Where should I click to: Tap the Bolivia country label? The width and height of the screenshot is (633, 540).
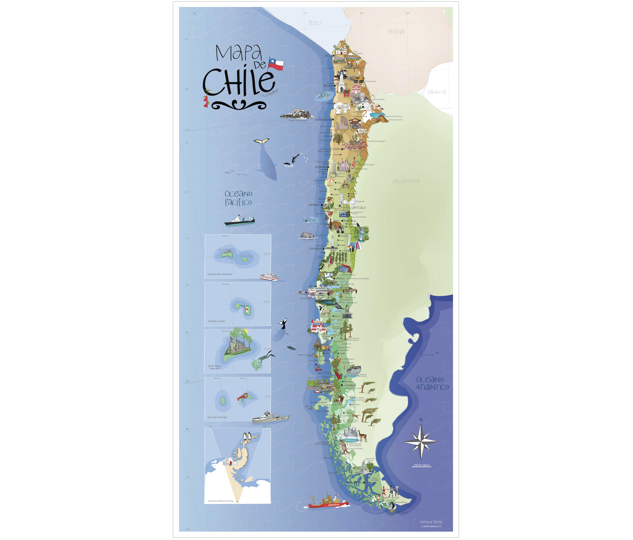tap(396, 32)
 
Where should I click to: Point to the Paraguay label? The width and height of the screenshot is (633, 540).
tap(437, 92)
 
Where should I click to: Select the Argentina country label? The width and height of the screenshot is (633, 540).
tap(406, 181)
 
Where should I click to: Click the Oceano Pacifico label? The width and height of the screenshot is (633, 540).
tap(238, 198)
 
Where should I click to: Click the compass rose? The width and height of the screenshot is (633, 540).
tap(421, 442)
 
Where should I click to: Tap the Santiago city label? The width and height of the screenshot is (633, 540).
tap(358, 208)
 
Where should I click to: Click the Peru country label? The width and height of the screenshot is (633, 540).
tap(315, 23)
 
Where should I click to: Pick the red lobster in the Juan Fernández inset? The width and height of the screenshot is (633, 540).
tap(243, 397)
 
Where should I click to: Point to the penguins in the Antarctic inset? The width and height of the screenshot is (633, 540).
tap(247, 436)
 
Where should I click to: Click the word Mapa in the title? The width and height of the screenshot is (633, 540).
tap(238, 53)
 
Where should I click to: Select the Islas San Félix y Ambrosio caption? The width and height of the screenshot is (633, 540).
tap(220, 274)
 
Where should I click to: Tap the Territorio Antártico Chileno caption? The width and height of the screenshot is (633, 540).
tap(221, 501)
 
